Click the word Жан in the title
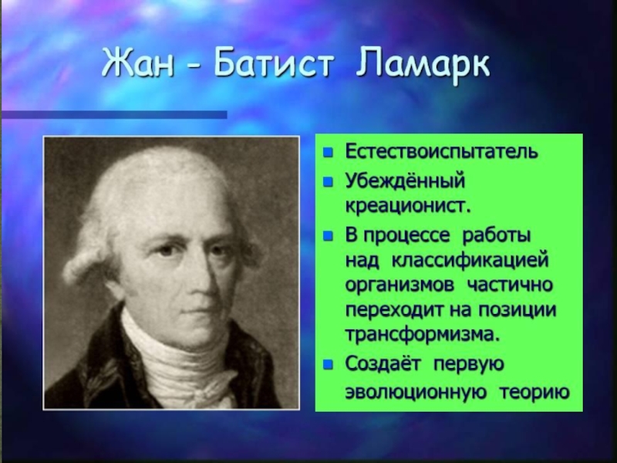click(138, 64)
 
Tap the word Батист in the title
click(275, 64)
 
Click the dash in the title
click(194, 68)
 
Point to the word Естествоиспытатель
click(441, 151)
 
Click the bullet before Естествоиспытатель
click(328, 153)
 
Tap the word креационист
click(408, 206)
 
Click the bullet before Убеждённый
click(328, 182)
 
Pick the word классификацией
click(470, 261)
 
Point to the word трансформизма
click(423, 335)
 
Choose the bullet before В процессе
click(328, 236)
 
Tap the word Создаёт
click(383, 364)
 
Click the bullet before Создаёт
click(328, 365)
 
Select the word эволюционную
click(416, 393)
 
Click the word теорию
click(534, 394)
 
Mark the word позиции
click(518, 310)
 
